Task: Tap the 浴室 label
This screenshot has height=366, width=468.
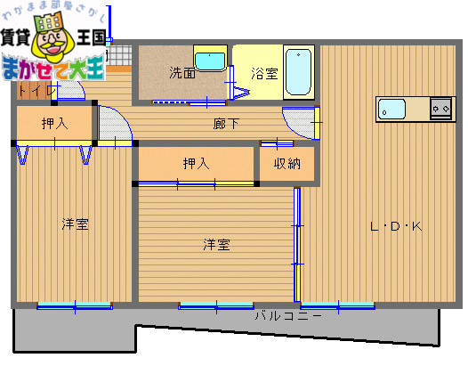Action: [263, 74]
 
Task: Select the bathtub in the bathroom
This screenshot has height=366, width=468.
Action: [300, 70]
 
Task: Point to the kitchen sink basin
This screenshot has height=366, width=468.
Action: [391, 110]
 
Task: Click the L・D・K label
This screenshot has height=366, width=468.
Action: [396, 226]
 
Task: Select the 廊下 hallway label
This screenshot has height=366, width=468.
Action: [225, 124]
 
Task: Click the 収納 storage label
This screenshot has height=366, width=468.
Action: [286, 163]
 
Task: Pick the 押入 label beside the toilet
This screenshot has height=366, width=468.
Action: [54, 124]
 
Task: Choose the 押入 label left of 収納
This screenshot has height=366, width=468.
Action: [196, 163]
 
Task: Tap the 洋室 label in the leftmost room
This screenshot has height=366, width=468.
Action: [75, 224]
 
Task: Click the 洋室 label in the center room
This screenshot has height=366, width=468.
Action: [216, 243]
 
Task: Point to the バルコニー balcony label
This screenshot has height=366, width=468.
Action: [287, 315]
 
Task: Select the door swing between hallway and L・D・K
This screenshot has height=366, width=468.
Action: [300, 123]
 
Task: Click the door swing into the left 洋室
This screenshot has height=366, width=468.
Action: [114, 126]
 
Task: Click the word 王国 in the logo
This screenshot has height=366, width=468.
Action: [91, 38]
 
